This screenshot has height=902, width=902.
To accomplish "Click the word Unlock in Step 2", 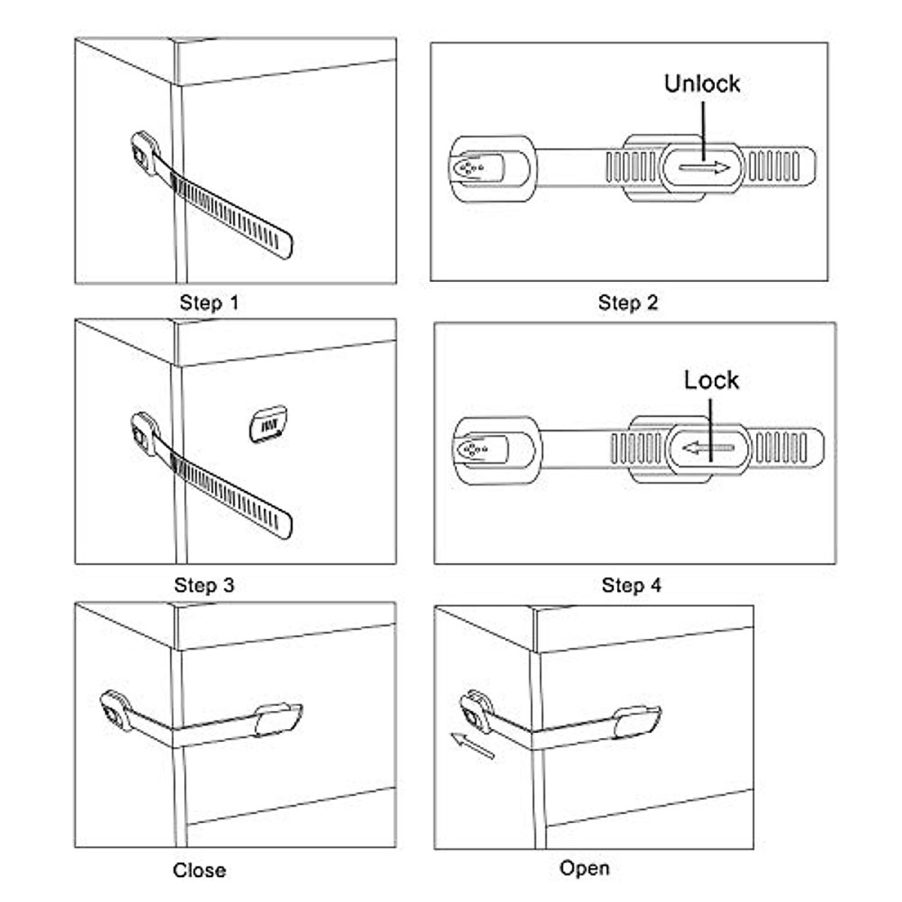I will (701, 83).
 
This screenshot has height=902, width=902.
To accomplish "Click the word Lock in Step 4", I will (711, 380).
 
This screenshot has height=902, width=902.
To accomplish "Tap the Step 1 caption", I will (209, 303).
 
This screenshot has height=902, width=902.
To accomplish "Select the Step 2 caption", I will (628, 303).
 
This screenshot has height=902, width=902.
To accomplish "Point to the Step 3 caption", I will (204, 585).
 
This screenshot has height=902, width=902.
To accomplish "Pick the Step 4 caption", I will (631, 585).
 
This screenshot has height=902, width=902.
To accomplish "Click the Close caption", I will (199, 870).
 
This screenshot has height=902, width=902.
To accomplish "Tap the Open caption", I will (584, 868).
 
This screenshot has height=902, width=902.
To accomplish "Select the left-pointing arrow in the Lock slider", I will (708, 449).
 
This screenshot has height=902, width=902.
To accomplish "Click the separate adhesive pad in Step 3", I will (268, 425).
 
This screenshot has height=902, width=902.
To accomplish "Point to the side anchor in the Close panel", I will (117, 710).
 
